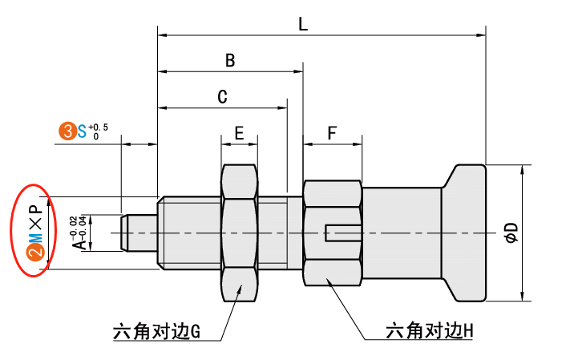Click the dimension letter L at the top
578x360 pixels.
tap(302, 25)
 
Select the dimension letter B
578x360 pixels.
tap(230, 61)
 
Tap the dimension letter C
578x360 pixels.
tap(223, 97)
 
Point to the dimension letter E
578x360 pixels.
tap(239, 133)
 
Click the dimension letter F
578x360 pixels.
tap(332, 133)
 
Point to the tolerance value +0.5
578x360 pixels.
tap(98, 127)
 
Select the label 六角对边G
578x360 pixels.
tap(156, 330)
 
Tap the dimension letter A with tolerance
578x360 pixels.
tap(79, 241)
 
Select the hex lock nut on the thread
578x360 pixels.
tap(239, 232)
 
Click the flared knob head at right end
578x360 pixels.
tap(465, 233)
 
